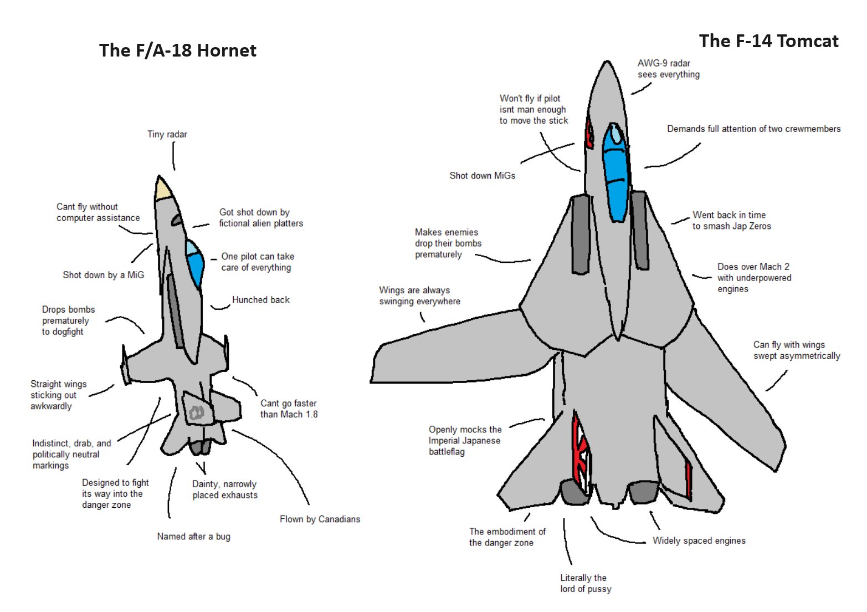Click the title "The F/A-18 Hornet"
point(177,50)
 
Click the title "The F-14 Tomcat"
point(768,41)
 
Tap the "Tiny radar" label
point(167,134)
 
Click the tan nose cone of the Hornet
point(163,189)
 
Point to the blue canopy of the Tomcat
point(615,172)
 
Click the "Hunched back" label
point(260,300)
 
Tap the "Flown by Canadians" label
point(320,519)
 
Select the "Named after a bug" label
point(193,536)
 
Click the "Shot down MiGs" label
point(482,176)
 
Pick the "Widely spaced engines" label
point(699,540)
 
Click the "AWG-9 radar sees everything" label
point(668,69)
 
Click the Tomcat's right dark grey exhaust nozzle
point(643,492)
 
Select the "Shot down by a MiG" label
point(103,275)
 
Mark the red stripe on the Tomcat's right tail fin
point(689,478)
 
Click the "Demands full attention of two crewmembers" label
point(753,129)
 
